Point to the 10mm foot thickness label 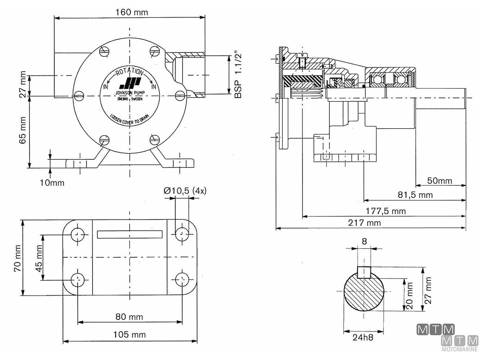point(52,183)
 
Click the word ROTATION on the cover point(129,72)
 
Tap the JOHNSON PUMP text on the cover point(129,92)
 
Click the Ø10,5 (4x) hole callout point(185,191)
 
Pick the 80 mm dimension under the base point(129,317)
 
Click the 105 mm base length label point(129,334)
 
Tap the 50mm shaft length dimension point(440,181)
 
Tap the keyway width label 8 point(364,241)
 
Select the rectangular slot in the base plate point(130,234)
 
